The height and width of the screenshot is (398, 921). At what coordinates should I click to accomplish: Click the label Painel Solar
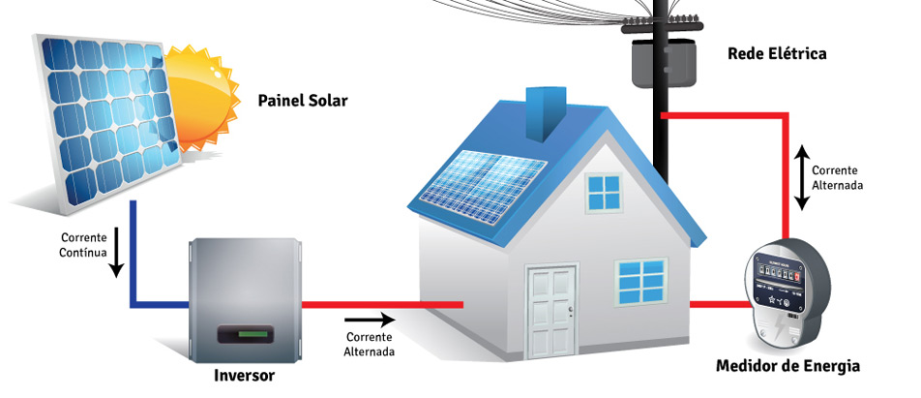click(302, 101)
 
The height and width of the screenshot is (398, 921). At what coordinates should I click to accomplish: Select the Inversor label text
click(244, 375)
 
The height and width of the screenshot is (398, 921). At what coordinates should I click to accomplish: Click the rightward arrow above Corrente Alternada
click(371, 319)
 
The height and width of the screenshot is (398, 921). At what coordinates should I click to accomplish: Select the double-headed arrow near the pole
click(801, 178)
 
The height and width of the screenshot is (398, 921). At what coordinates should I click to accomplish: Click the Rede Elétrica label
click(777, 53)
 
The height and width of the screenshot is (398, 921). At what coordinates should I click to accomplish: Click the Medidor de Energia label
click(787, 366)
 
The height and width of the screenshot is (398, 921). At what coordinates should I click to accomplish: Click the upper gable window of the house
click(603, 193)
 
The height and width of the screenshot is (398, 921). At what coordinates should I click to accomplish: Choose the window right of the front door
click(641, 282)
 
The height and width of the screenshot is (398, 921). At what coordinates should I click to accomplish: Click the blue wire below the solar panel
click(132, 261)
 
